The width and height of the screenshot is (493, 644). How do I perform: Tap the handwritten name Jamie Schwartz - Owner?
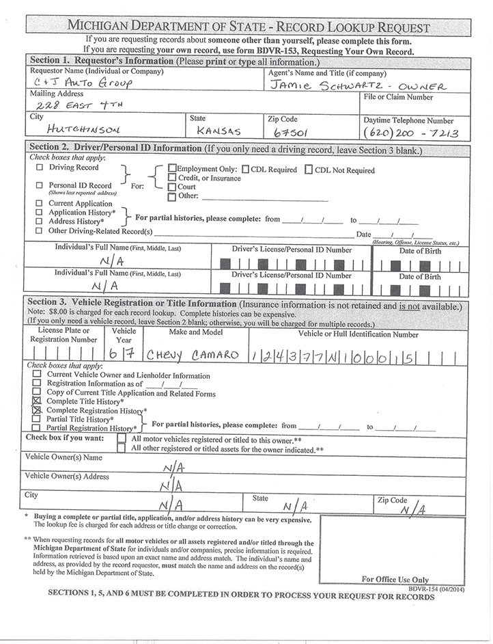[x=357, y=85]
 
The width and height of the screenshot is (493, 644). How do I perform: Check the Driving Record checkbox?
[x=39, y=167]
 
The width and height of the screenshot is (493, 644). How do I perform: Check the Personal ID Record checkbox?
[x=39, y=185]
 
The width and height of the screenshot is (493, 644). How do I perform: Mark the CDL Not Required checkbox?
[x=309, y=170]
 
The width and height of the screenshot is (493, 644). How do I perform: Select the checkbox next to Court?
[x=171, y=187]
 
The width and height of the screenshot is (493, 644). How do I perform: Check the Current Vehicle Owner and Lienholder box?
[x=37, y=375]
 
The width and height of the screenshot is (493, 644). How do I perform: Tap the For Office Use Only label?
[x=395, y=580]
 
